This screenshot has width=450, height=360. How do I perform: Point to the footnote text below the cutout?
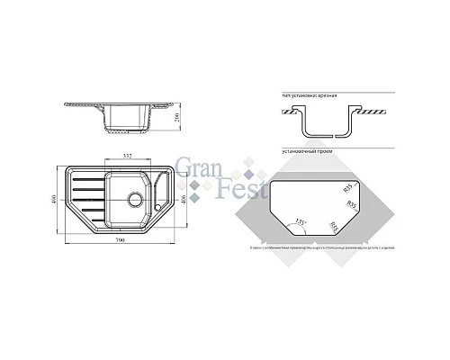point(311,245)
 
